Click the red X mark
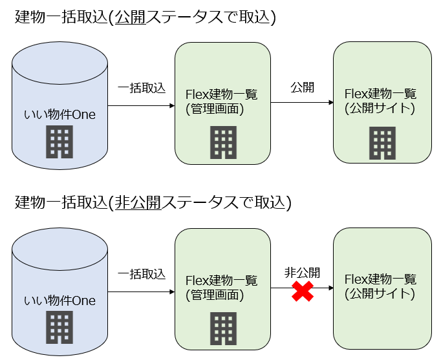[x=302, y=291]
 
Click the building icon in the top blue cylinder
[x=59, y=143]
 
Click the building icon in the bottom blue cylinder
[x=59, y=328]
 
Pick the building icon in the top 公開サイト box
[x=382, y=143]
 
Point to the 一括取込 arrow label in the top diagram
[x=141, y=87]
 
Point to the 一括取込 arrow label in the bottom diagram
[x=141, y=273]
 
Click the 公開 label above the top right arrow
[x=302, y=87]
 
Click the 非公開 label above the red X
[x=302, y=273]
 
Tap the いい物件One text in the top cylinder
[x=59, y=115]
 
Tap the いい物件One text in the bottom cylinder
[x=59, y=301]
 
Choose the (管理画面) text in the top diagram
[x=214, y=109]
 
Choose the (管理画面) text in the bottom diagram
[x=214, y=295]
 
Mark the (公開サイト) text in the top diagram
[x=380, y=108]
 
